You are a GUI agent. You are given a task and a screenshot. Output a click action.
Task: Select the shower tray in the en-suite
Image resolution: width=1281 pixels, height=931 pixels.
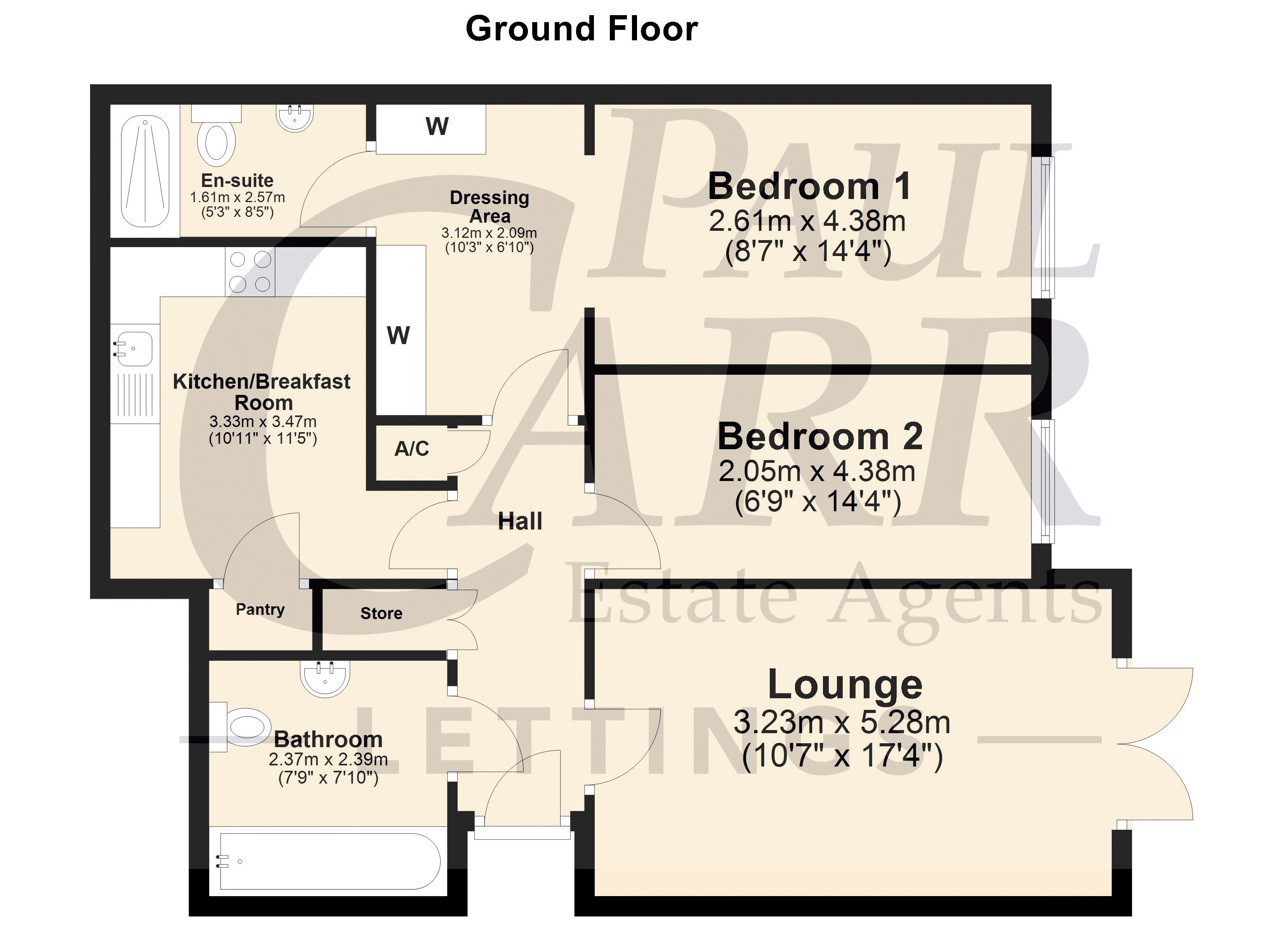point(145,171)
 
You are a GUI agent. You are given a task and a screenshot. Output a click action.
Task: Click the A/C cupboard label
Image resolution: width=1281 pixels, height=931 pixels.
point(412,448)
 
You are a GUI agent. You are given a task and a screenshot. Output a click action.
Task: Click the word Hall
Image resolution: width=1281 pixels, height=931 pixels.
point(520,521)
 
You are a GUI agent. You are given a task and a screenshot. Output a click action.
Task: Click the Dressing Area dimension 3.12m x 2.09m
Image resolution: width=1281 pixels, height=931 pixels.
point(489,233)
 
